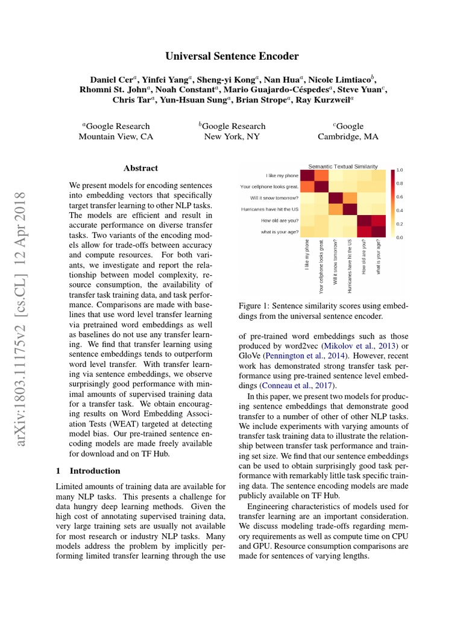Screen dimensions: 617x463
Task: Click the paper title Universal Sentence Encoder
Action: [x=232, y=56]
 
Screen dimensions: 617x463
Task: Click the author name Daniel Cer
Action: [x=110, y=80]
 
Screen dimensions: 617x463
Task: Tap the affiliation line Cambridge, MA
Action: [x=348, y=137]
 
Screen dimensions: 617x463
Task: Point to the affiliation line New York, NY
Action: [x=232, y=137]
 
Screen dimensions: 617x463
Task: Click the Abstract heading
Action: [x=140, y=168]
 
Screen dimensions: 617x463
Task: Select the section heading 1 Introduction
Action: [x=88, y=471]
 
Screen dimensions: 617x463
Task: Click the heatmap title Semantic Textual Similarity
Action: [x=343, y=166]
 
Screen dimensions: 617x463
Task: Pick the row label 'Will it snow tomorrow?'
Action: [x=274, y=198]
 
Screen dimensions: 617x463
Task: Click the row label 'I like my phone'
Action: [x=282, y=175]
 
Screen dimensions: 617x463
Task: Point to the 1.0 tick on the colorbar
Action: [x=400, y=170]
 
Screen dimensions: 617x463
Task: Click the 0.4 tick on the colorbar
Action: [x=400, y=210]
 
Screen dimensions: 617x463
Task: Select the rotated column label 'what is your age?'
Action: [x=379, y=257]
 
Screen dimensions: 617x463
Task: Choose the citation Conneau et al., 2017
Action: [x=298, y=386]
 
